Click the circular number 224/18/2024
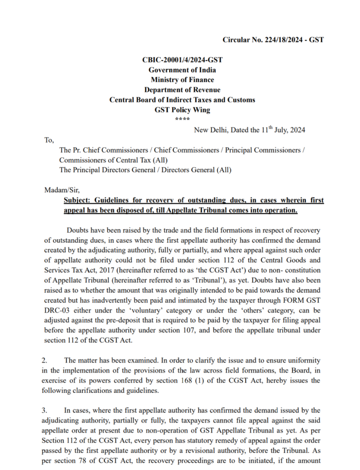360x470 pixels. click(x=285, y=40)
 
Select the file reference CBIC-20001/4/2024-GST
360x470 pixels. click(x=182, y=60)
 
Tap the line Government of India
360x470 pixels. click(x=182, y=70)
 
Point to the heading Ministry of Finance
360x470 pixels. click(x=182, y=80)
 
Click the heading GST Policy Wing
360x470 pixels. click(x=182, y=110)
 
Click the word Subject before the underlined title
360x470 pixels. click(x=78, y=201)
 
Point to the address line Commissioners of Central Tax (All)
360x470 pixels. click(x=113, y=160)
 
